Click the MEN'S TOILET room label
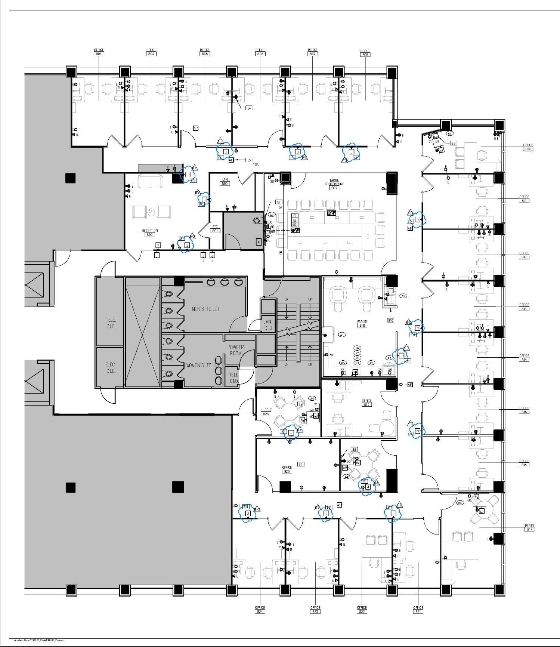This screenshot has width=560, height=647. [205, 309]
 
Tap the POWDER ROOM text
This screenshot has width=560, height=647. [235, 350]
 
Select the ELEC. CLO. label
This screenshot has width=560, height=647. [111, 367]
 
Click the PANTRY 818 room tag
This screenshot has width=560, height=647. [362, 323]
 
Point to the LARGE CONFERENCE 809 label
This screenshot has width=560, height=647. [334, 184]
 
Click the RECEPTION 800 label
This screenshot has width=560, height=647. [150, 232]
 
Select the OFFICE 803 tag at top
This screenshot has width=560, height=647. [99, 52]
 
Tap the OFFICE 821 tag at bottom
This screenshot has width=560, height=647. [418, 610]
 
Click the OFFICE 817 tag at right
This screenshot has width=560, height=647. [529, 527]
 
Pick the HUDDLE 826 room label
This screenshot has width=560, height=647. [266, 412]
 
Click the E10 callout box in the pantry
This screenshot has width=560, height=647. [390, 320]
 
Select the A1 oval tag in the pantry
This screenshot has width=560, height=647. [341, 335]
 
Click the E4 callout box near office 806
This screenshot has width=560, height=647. [249, 108]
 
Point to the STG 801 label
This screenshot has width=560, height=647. [215, 229]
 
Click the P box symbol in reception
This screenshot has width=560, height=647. [158, 245]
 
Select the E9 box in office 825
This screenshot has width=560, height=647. [300, 464]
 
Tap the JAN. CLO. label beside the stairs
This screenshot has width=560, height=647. [268, 325]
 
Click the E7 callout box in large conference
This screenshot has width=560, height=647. [278, 202]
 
